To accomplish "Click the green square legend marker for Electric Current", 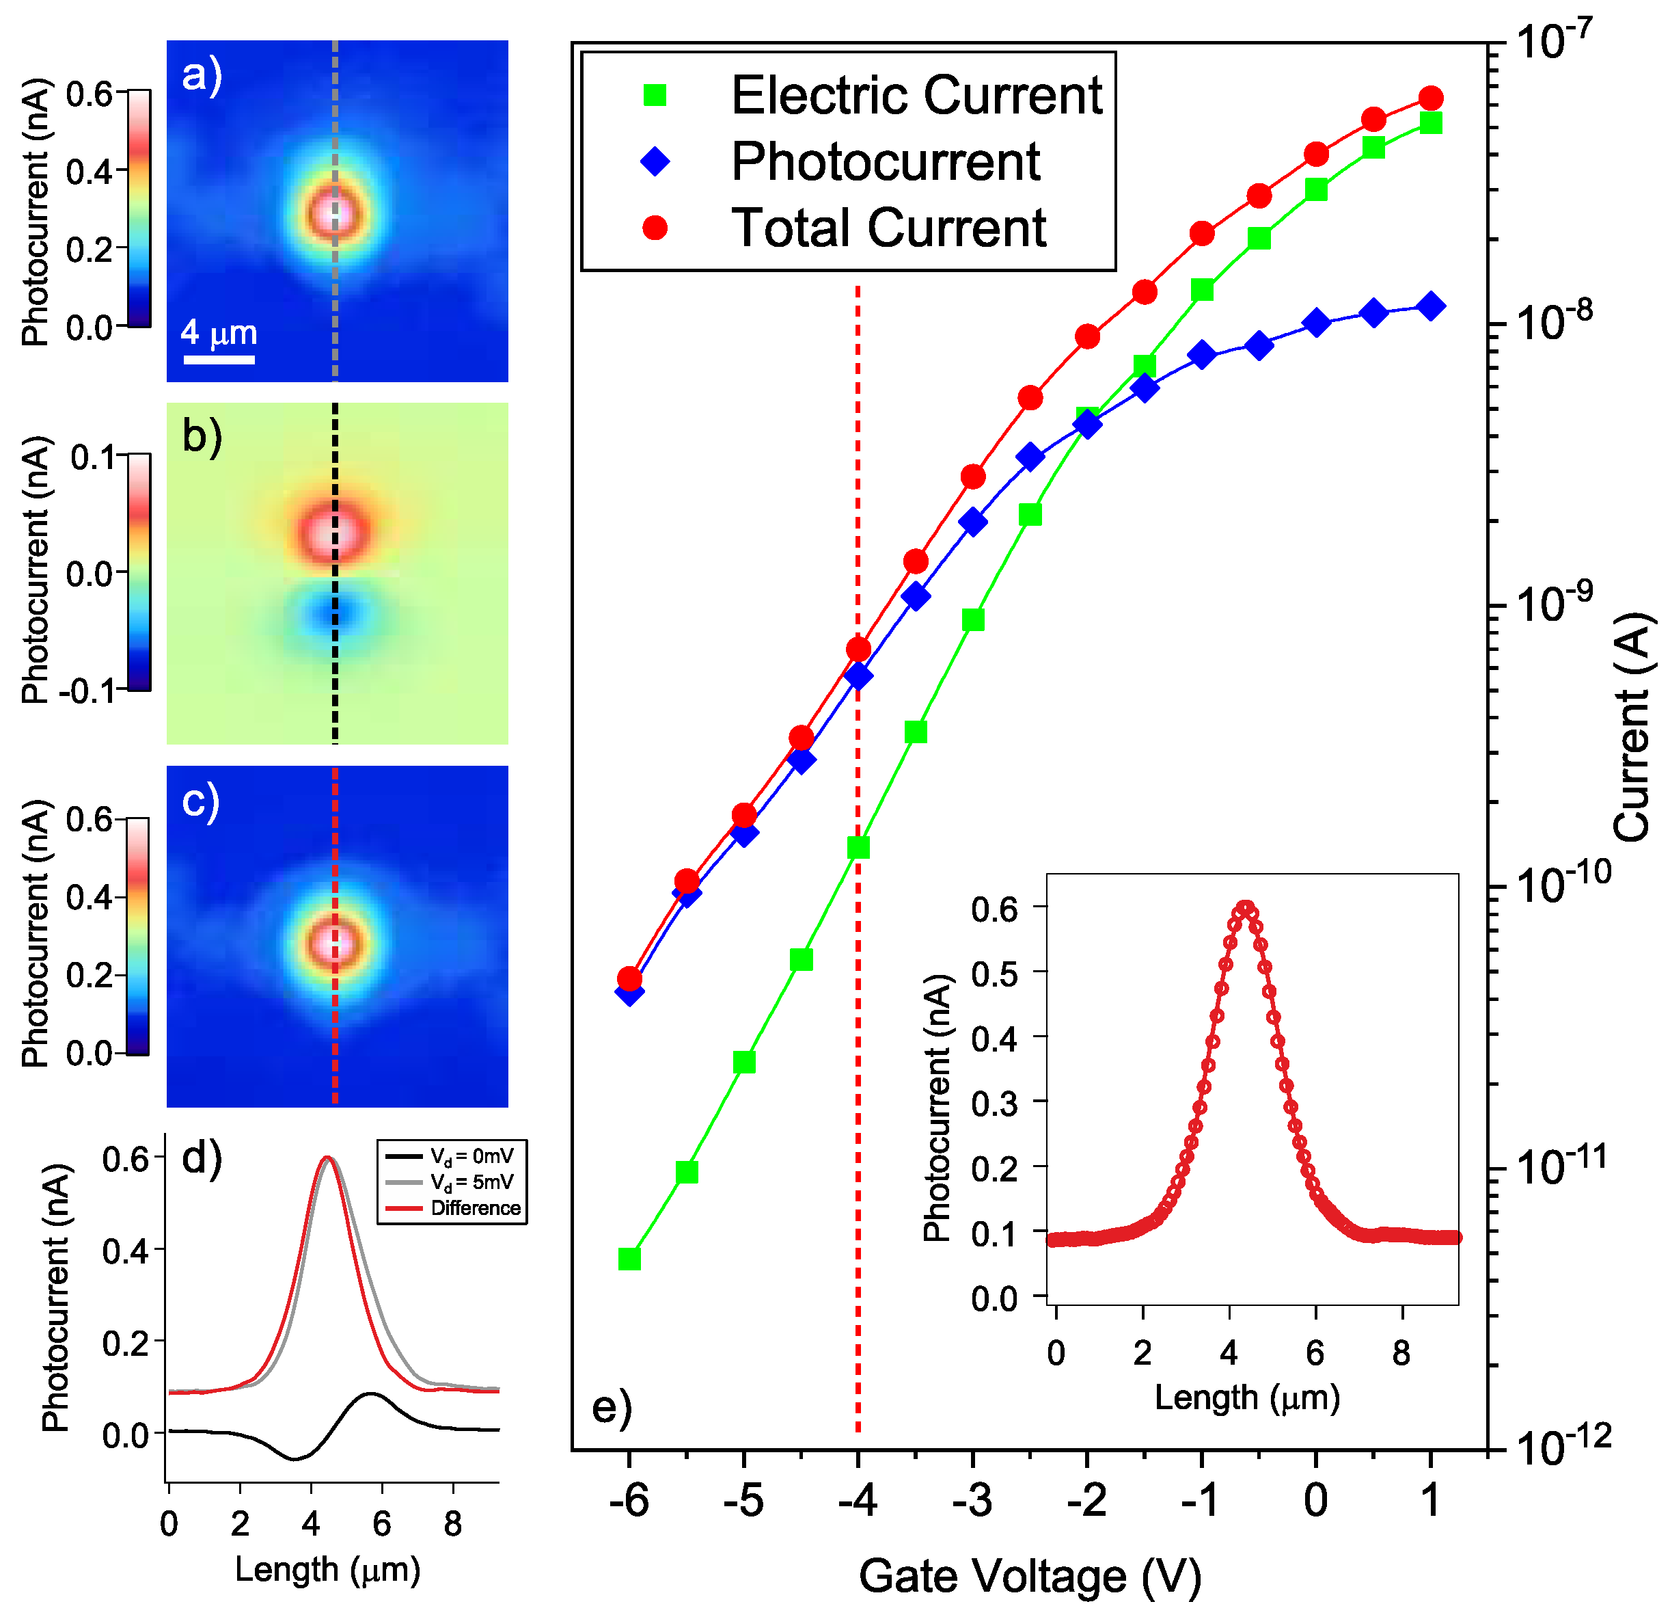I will click(655, 94).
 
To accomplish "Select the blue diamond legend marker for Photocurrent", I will click(655, 161).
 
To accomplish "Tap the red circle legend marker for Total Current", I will click(655, 228).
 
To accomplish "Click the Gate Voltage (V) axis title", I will click(1029, 1575).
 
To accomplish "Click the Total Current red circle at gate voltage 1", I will click(1432, 98).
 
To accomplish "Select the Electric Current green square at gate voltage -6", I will click(629, 1259).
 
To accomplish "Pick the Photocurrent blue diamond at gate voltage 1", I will click(1432, 307).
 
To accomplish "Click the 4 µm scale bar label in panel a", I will click(219, 332).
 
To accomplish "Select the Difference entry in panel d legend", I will click(475, 1208).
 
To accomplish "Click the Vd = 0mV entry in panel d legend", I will click(471, 1156).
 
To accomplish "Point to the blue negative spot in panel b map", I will click(334, 612).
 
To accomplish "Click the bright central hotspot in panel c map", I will click(334, 944).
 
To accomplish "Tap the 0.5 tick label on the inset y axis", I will click(994, 972).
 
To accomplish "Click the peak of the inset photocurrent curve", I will click(1246, 908).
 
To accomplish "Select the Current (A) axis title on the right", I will click(1632, 726).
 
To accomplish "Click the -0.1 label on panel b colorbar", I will click(87, 691).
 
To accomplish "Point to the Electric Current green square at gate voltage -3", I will click(973, 619).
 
